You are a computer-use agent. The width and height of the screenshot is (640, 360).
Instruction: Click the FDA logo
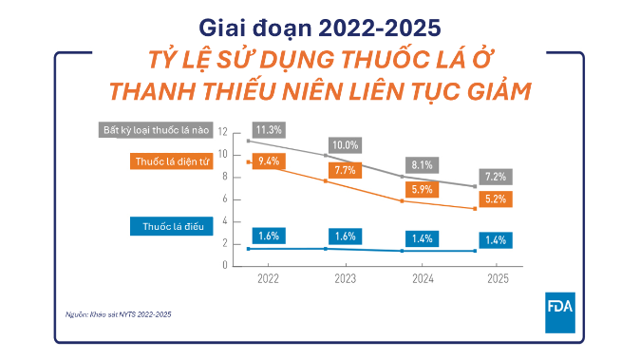560,313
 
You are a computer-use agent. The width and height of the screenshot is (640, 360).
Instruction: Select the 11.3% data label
269,130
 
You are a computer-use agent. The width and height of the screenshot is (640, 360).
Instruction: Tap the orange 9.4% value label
269,161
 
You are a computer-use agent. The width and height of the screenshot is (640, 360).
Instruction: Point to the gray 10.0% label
345,145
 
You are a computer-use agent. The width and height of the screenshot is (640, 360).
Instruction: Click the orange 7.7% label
345,170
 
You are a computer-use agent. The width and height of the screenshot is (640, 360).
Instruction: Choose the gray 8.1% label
422,165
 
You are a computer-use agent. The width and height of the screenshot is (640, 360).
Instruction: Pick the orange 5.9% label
422,189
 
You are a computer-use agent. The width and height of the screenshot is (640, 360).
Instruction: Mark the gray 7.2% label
496,177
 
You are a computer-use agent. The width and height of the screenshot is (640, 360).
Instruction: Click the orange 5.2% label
496,199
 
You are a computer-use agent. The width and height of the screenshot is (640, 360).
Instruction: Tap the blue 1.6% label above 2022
269,236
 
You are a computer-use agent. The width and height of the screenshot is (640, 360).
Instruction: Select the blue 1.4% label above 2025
496,240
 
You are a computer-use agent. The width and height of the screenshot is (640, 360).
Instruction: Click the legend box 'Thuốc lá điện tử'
172,161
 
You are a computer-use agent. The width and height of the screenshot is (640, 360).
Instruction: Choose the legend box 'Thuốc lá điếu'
172,226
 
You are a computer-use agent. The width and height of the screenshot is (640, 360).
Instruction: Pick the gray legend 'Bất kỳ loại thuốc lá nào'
156,130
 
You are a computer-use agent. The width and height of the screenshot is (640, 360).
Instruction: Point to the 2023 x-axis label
346,278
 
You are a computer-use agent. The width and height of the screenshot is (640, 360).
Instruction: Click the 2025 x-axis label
498,278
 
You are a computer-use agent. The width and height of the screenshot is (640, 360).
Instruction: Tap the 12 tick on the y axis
222,131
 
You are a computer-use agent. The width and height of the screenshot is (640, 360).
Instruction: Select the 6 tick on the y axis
224,199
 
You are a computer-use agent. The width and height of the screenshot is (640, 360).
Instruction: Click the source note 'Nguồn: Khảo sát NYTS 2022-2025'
119,314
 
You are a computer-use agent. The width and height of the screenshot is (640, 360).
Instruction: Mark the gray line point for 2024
402,177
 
